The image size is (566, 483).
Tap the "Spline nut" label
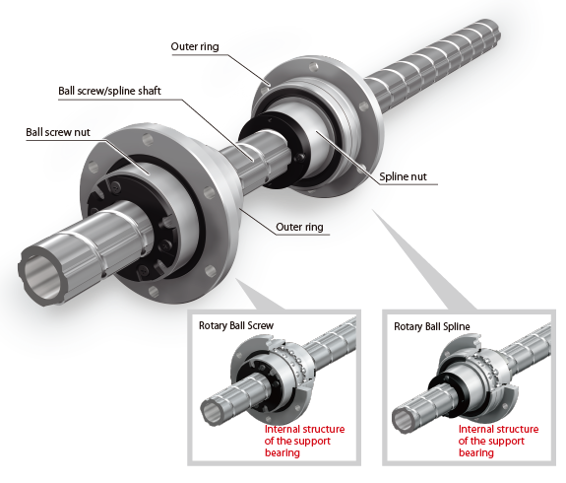pyautogui.click(x=403, y=177)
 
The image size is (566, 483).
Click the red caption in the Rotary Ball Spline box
pyautogui.click(x=498, y=441)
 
